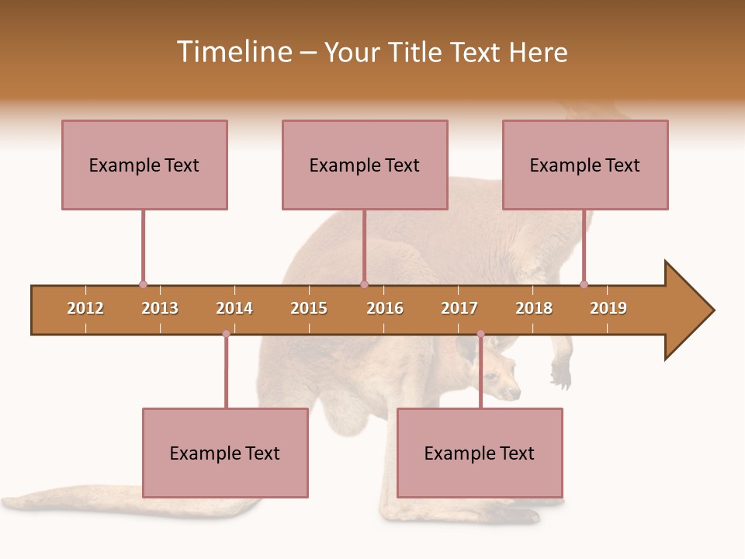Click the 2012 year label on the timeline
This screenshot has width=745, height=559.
click(85, 308)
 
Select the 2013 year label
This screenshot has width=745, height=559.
click(160, 308)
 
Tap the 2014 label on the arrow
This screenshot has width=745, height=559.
click(234, 308)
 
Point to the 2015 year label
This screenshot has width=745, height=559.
click(309, 308)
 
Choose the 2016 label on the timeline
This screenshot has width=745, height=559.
click(385, 308)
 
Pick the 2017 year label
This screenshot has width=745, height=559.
click(459, 308)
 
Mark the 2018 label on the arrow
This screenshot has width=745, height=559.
click(534, 308)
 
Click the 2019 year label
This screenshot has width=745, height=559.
click(608, 308)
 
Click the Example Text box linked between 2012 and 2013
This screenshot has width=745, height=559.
click(144, 165)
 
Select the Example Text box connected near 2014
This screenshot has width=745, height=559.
click(225, 453)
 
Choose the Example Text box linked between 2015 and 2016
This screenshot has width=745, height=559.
click(365, 165)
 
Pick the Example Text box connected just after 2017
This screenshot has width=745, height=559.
click(480, 453)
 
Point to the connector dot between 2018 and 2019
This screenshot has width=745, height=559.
click(584, 284)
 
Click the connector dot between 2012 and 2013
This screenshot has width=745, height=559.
click(143, 284)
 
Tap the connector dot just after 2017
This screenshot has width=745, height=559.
click(480, 334)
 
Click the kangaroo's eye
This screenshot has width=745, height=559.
click(491, 377)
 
